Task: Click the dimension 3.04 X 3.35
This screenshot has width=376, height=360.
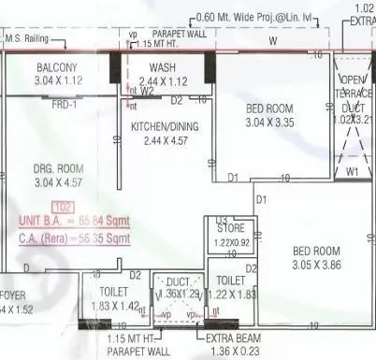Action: point(269,122)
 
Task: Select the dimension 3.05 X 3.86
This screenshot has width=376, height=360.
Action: point(316,265)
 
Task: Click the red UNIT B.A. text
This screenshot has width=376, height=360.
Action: point(60,220)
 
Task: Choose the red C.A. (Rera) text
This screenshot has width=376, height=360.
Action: point(58,238)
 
